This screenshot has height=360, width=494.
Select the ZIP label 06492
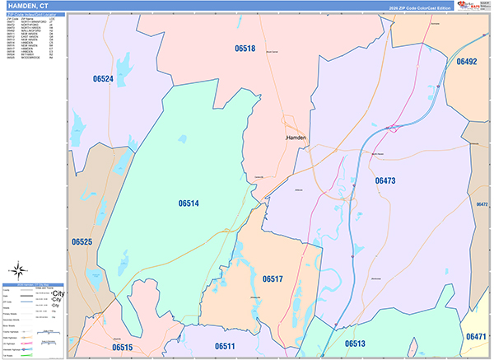(x=467, y=62)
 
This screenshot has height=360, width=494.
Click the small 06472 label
(x=482, y=203)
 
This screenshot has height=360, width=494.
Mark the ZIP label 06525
(x=82, y=242)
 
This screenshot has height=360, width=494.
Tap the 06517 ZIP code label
(x=273, y=280)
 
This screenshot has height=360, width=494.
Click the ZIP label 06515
(x=122, y=348)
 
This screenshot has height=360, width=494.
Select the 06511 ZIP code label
(x=225, y=346)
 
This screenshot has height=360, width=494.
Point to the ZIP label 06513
(x=355, y=344)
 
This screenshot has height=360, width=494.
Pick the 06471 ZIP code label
(x=476, y=337)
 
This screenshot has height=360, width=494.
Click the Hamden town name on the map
(x=296, y=138)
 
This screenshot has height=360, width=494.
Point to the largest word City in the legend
(x=58, y=293)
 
